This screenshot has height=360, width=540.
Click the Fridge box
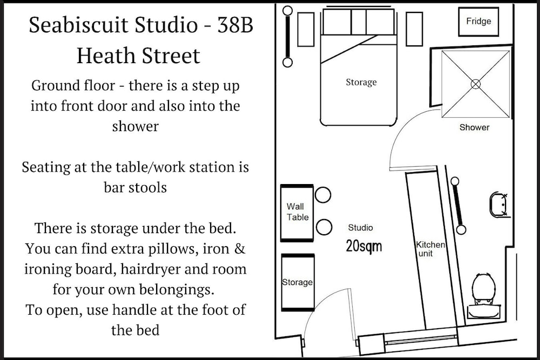point(478,22)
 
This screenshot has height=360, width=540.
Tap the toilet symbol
point(484,296)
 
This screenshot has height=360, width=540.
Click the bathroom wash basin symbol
point(500,205)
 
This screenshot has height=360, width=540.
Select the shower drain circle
point(476,84)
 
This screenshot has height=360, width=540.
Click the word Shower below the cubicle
point(474,127)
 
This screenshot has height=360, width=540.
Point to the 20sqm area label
point(363,247)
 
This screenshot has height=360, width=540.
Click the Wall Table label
point(298,212)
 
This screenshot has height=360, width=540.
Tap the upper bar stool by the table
point(323,195)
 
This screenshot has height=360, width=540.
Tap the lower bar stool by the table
point(323,227)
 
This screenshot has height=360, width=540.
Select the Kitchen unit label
point(430,249)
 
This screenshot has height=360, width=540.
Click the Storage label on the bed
point(361,82)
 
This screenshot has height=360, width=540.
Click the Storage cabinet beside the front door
point(298,283)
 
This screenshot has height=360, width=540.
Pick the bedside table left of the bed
point(306,30)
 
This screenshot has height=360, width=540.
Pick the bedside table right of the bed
point(414,29)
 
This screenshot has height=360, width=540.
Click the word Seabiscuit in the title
point(78,25)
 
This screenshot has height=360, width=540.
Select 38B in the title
point(235,25)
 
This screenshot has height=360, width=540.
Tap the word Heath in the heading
point(106,56)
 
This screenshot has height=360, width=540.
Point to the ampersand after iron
point(240,248)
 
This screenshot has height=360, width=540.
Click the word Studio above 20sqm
point(360,227)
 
